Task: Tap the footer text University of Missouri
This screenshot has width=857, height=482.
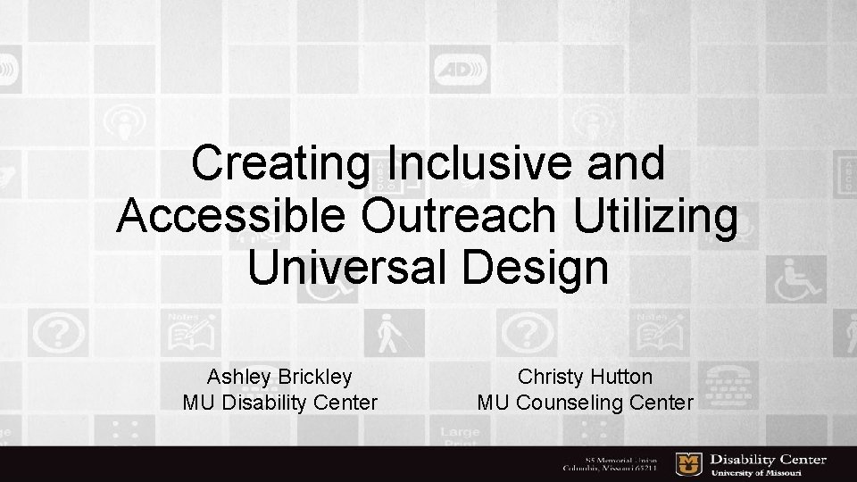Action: point(768,472)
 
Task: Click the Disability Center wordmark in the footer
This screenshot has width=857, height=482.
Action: point(768,460)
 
